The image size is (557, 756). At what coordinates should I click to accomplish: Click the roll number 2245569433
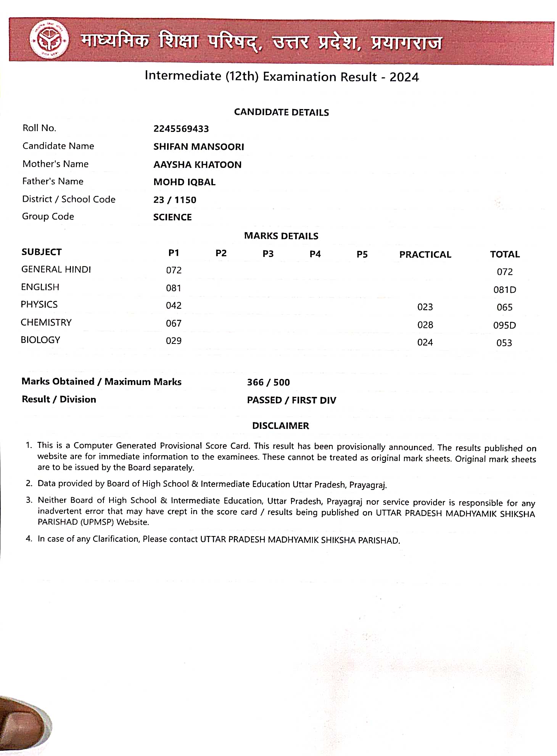coord(181,129)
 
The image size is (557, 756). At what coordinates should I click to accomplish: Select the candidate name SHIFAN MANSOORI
coord(198,147)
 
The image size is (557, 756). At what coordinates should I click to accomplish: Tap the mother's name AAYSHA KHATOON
coord(197,165)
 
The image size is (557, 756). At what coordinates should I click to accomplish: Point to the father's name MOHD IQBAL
coord(184,182)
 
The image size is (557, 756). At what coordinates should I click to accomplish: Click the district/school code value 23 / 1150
coord(175,200)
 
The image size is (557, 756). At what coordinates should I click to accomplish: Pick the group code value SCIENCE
coord(172,217)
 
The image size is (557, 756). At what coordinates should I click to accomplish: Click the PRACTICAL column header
coord(425,255)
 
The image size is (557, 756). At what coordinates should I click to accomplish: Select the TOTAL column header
coord(504,255)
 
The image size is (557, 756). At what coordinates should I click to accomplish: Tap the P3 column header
coord(268,254)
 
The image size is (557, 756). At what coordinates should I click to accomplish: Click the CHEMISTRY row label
coord(46,323)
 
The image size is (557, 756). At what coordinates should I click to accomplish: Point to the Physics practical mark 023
coord(425,307)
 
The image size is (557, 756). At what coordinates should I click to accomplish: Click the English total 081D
coord(504,290)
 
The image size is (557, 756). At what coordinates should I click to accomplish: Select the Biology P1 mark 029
coord(174,341)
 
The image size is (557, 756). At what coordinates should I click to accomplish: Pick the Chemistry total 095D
coord(504,325)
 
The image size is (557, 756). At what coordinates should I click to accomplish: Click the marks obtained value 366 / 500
coord(268,382)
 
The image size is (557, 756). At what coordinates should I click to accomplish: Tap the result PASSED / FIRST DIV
coord(291,400)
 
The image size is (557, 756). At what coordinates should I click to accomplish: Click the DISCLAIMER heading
coord(280,426)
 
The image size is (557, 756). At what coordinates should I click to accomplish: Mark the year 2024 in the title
coord(404,77)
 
